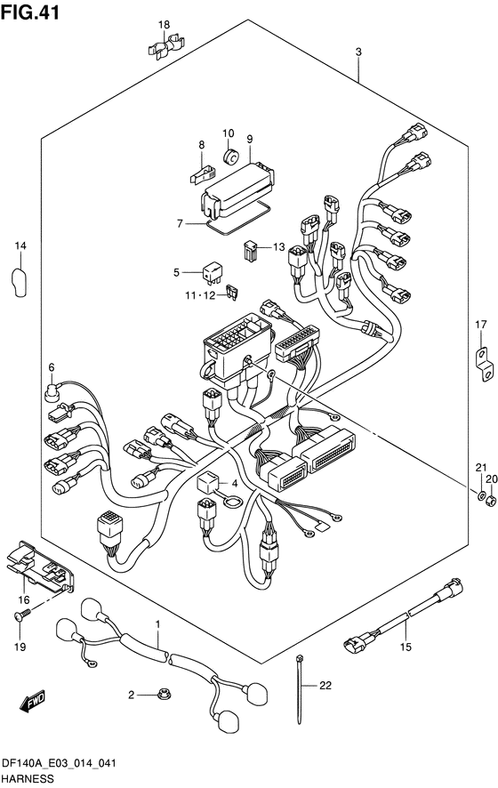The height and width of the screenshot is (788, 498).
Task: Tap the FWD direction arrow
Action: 33,701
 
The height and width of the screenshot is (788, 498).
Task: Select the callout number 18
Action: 164,25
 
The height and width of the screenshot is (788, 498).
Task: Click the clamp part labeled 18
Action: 165,45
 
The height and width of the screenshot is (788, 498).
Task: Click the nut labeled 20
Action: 492,499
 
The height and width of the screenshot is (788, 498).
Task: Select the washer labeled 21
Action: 480,497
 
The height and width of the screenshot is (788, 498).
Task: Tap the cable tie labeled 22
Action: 300,688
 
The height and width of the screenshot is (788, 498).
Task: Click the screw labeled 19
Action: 21,615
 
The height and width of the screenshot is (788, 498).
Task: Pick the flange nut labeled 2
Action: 163,695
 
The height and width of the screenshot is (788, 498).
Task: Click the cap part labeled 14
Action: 18,282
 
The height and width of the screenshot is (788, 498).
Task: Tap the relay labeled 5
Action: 211,272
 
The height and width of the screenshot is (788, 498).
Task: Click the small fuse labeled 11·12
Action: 234,292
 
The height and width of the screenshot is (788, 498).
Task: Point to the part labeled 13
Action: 251,250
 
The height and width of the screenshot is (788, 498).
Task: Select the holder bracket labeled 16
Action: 38,567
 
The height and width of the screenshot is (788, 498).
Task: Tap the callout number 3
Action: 358,52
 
